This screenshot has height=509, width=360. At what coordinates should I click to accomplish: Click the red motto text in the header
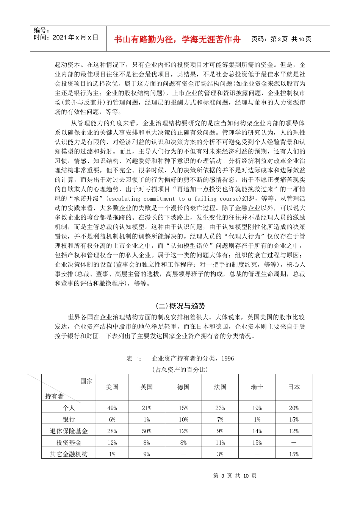point(177,39)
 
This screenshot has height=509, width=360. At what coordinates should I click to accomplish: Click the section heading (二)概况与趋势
point(180,306)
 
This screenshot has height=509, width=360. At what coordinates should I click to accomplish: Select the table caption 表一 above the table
point(180,358)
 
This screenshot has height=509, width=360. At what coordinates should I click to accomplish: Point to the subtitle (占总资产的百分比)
point(180,369)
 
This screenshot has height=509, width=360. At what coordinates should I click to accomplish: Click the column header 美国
point(112,387)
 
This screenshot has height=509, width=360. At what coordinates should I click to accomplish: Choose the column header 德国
point(183,387)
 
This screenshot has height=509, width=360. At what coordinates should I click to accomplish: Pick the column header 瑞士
point(257,387)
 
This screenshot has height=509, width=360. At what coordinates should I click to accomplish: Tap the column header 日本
point(294,387)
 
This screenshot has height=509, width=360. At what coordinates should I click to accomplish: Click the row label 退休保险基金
point(69,431)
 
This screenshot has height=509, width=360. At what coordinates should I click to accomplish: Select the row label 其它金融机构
point(69,454)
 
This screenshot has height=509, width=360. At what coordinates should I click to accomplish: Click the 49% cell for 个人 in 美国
point(112,408)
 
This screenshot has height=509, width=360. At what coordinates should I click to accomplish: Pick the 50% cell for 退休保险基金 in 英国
point(147,431)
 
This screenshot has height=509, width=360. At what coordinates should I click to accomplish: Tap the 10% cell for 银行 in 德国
point(183,420)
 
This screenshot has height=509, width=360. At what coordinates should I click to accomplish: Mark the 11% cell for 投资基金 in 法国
point(220,443)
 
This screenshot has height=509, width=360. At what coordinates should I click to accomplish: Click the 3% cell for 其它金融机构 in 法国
point(220,454)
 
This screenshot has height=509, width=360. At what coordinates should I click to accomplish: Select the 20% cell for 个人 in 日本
point(294,408)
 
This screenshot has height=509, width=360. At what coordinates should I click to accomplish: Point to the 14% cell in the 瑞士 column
point(257,431)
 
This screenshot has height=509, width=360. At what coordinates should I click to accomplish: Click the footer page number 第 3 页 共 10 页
point(235,476)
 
